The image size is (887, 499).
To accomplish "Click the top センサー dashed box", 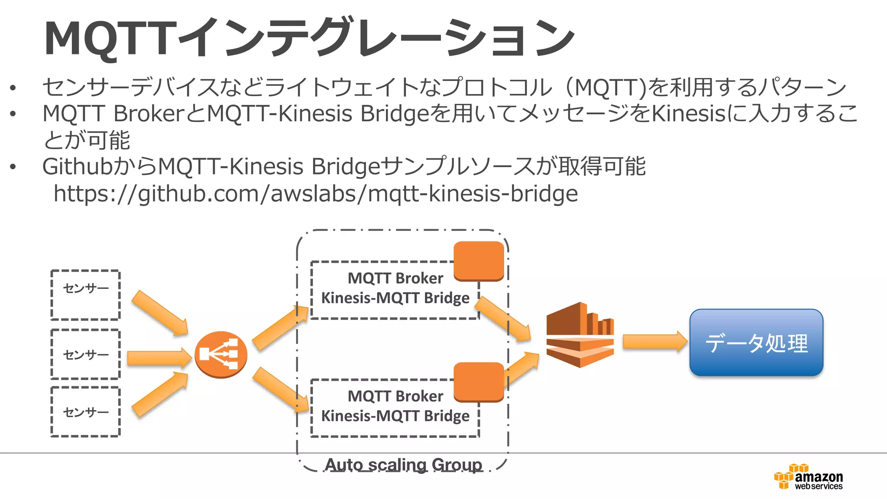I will tap(85, 295).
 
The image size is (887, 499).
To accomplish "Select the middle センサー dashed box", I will tap(85, 354).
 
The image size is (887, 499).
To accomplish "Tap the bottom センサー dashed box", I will tap(85, 412).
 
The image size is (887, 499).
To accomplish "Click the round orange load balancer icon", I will tap(220, 354).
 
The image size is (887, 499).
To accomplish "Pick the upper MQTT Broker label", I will tap(395, 278).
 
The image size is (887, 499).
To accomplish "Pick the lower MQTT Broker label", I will tap(395, 396).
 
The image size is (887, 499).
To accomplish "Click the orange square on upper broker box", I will tap(479, 261).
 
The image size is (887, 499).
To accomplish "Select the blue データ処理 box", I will tap(756, 343).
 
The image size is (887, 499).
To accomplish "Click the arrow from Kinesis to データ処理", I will tap(654, 342).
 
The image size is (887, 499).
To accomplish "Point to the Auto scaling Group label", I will tap(403, 465).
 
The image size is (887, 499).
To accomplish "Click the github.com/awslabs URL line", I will tap(315, 194).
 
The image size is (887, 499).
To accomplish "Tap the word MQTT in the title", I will tap(110, 39).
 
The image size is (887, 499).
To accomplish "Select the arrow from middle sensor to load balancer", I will tap(159, 358).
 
